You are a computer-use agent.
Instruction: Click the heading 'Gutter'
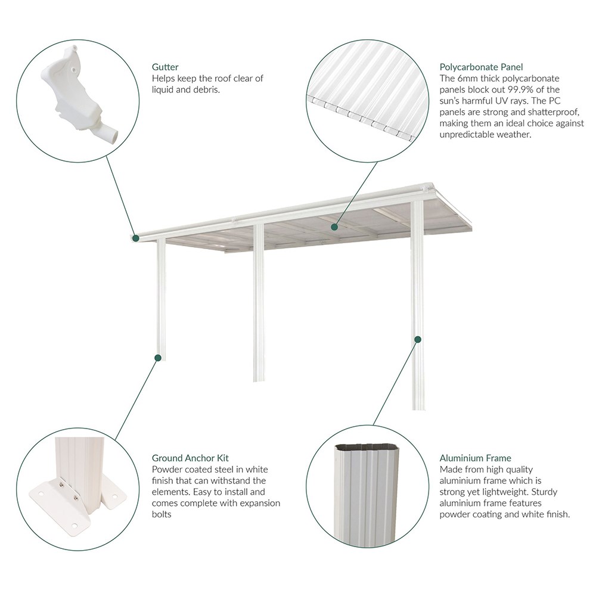(x=165, y=67)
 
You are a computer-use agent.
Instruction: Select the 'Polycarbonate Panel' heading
(x=481, y=67)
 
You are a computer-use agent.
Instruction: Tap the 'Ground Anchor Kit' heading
(x=190, y=458)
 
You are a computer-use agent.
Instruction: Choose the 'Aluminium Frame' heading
(x=475, y=458)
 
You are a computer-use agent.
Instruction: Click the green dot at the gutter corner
(x=136, y=238)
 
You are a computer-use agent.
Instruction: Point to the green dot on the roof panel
(x=334, y=227)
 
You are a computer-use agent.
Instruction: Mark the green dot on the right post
(x=418, y=339)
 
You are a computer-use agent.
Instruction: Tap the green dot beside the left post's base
(x=158, y=358)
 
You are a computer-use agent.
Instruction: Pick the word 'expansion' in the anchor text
(x=260, y=503)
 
